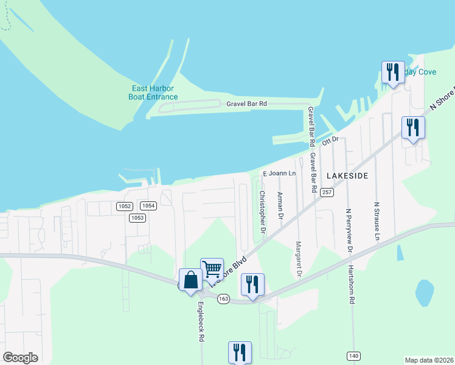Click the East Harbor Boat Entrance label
pyautogui.click(x=155, y=92)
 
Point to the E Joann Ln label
pyautogui.click(x=279, y=173)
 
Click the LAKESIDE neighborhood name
pyautogui.click(x=347, y=175)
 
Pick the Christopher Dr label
pyautogui.click(x=263, y=212)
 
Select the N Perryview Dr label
pyautogui.click(x=349, y=231)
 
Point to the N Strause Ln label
pyautogui.click(x=377, y=221)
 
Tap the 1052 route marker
pyautogui.click(x=124, y=206)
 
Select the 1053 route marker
pyautogui.click(x=137, y=218)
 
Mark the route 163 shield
pyautogui.click(x=223, y=299)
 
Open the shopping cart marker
pyautogui.click(x=212, y=268)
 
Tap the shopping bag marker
pyautogui.click(x=190, y=280)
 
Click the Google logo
pyautogui.click(x=21, y=358)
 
